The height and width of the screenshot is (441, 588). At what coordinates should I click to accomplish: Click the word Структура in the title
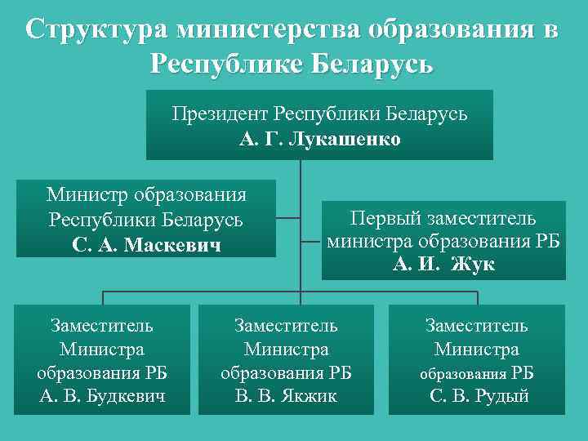point(95,30)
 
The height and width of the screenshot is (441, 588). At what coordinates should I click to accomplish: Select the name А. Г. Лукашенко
point(320,139)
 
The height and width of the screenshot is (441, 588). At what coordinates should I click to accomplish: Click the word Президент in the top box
point(220,114)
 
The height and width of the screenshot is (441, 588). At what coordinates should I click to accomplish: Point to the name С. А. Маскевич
point(146,244)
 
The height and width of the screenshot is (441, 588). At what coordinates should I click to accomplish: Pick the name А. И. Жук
point(443,265)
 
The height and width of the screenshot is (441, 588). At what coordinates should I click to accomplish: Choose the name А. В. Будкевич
point(102,397)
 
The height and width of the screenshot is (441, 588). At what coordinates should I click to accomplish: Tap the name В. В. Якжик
point(286,397)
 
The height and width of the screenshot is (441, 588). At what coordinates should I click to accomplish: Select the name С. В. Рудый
point(479,397)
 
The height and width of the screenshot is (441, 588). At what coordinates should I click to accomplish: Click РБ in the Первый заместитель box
point(545,242)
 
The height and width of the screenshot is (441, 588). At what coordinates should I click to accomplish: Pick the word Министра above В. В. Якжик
point(286,350)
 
